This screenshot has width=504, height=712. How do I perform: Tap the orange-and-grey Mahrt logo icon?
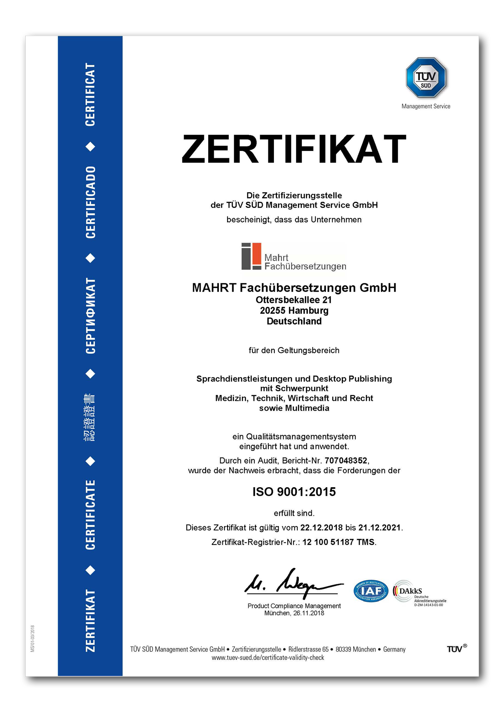(x=251, y=256)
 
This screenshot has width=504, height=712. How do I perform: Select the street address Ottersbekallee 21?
(x=294, y=300)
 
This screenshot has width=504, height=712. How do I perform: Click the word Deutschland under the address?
(x=294, y=321)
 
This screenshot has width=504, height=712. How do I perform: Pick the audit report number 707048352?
(x=346, y=461)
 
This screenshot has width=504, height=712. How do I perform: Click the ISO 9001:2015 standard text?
(x=294, y=492)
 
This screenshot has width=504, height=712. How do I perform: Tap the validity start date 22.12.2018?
(x=321, y=528)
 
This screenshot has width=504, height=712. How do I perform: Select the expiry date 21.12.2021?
(x=379, y=528)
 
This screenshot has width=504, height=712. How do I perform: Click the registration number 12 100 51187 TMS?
(x=338, y=542)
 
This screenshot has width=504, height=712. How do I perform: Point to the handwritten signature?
(x=293, y=583)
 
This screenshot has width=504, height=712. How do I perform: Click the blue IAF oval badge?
(x=371, y=591)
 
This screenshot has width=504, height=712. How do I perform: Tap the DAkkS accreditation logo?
(x=419, y=592)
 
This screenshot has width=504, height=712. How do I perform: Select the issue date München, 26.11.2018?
(x=294, y=613)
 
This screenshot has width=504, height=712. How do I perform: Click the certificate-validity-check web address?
(x=268, y=658)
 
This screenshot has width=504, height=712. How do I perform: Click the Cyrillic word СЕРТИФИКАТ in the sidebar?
(x=91, y=316)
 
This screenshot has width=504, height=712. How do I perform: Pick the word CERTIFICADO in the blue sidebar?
(x=91, y=202)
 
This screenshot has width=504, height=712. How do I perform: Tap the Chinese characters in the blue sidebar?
(x=90, y=417)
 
